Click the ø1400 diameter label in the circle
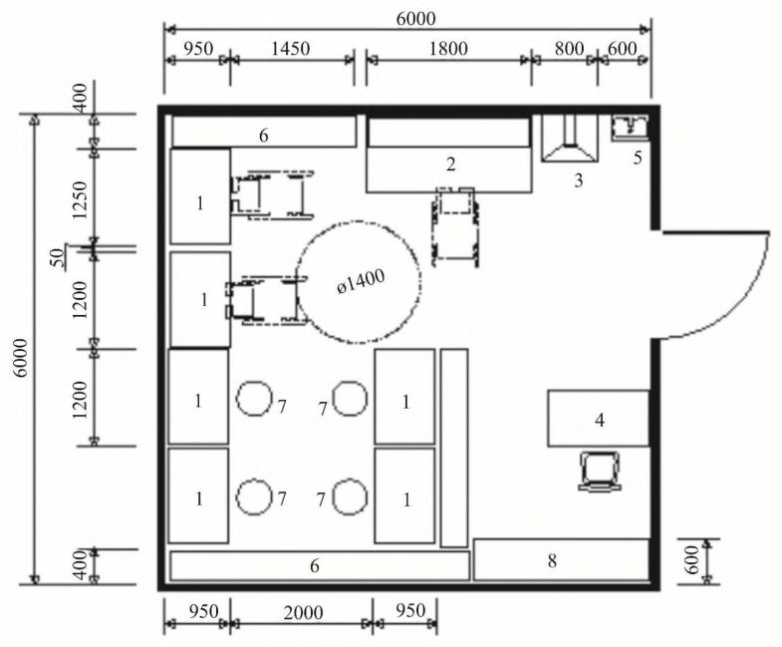pos(361,282)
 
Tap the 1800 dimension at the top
pos(448,49)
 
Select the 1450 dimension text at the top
pos(291,49)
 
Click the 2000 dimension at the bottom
pos(303,612)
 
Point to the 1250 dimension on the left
pos(80,200)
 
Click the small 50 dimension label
pos(60,257)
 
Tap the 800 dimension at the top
pos(569,49)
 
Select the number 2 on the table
pos(451,164)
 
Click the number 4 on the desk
pos(600,421)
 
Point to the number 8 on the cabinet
pos(552,561)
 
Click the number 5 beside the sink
pos(638,159)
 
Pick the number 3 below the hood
pos(579,180)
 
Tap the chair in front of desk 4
pos(601,471)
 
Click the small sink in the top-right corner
pos(630,127)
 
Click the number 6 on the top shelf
pos(264,136)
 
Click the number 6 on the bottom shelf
pos(315,566)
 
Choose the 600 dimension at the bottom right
pos(691,559)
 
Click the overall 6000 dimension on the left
pos(22,358)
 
